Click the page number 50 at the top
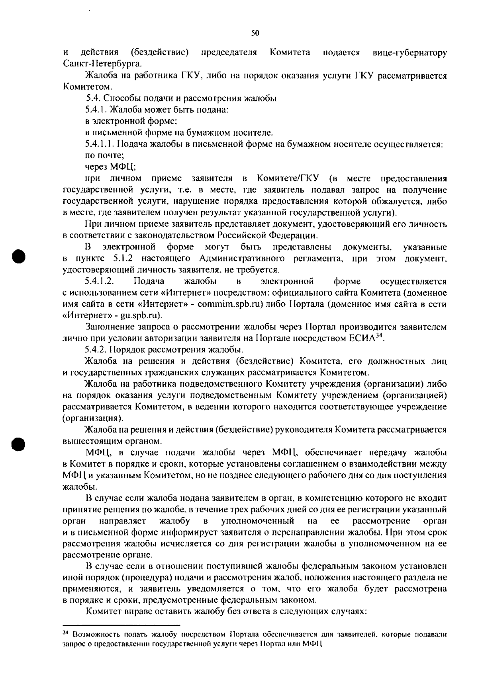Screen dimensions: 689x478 coord(255,33)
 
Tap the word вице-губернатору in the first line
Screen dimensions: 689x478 coord(409,53)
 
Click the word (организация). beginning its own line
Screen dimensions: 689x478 coord(93,418)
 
